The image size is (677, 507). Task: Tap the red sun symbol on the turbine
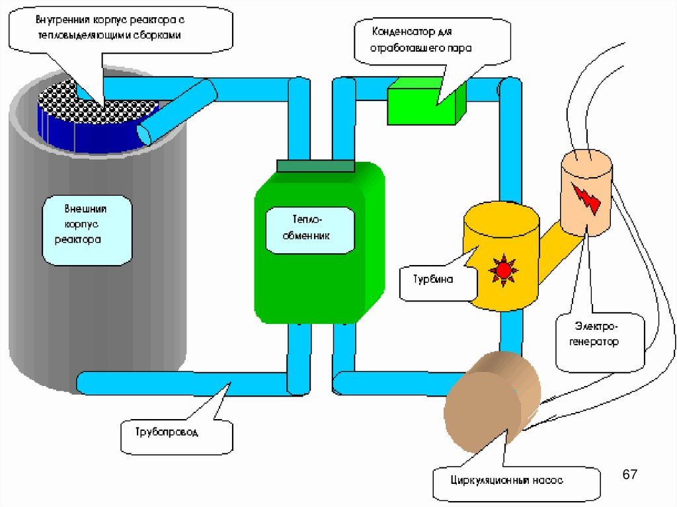(x=504, y=269)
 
